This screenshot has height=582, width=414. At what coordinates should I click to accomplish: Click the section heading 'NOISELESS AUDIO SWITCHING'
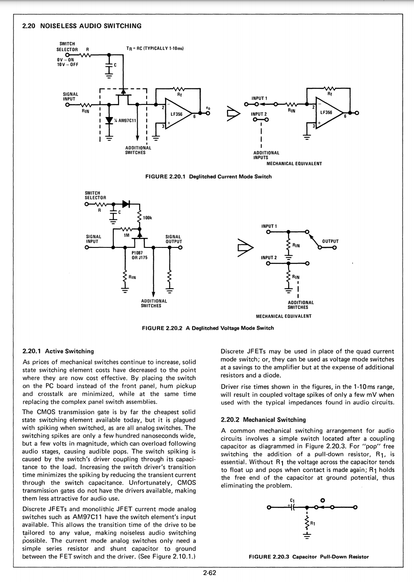pos(91,26)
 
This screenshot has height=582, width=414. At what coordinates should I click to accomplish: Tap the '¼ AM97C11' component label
pos(125,120)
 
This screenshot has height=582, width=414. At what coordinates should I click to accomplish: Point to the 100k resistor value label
pos(147,218)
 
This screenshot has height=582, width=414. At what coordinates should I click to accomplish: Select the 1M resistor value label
pos(126,235)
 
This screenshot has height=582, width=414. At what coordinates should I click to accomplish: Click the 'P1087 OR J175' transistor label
pos(139,255)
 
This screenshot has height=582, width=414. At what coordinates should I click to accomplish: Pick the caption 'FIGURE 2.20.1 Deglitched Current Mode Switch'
pos(208,177)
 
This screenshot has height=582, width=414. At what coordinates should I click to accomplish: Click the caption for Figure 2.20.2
pos(208,328)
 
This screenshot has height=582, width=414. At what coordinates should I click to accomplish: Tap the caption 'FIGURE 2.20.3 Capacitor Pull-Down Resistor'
pos(309,556)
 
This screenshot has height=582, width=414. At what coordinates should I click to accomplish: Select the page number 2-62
pos(210,572)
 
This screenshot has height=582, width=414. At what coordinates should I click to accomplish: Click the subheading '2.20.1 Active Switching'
pos(58,351)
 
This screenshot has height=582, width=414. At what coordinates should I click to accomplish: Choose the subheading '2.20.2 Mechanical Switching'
pos(263,419)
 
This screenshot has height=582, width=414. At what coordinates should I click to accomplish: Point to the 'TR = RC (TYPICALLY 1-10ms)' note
pos(155,49)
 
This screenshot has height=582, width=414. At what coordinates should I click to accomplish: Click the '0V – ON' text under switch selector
pos(66,60)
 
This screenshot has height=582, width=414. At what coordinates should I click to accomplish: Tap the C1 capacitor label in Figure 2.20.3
pos(292,500)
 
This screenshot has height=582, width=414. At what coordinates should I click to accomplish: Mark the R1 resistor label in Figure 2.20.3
pos(312,523)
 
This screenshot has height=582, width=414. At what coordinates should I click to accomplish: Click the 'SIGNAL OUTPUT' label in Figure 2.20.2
pos(174,239)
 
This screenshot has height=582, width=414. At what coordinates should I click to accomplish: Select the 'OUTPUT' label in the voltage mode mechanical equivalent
pos(330,241)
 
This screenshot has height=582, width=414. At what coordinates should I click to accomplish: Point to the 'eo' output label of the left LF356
pos(208,108)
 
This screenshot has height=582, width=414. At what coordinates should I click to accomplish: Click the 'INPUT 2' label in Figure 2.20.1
pos(259,114)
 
